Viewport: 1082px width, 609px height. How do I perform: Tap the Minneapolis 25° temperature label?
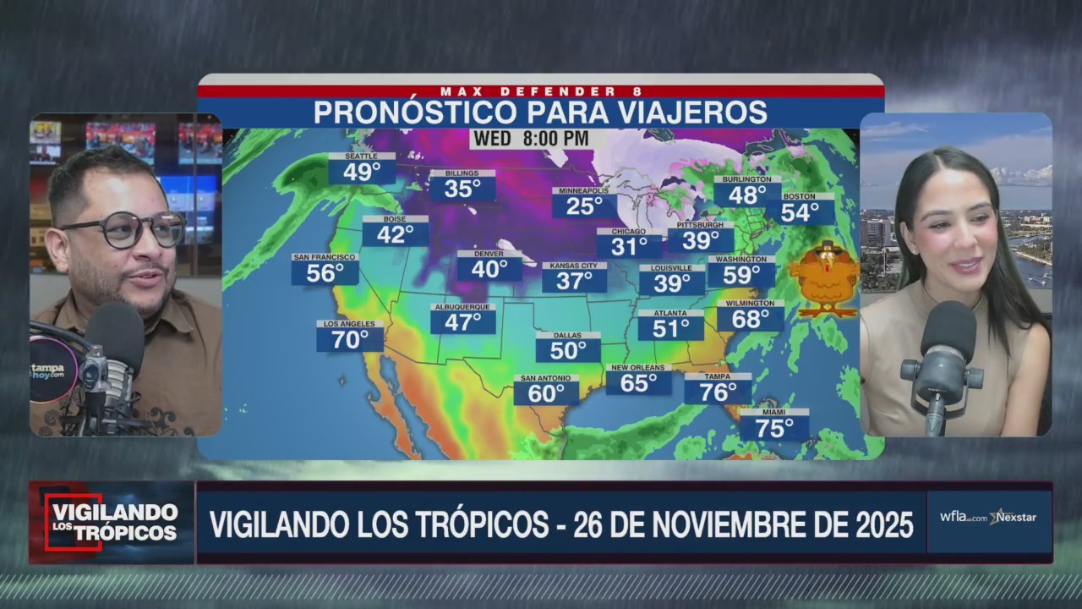tap(584, 204)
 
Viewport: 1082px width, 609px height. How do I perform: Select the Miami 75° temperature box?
tap(773, 425)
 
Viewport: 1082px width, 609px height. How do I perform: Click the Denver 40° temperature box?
tap(489, 266)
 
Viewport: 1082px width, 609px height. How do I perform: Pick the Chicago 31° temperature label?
tap(629, 244)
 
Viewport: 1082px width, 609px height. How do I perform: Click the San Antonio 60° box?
tap(546, 391)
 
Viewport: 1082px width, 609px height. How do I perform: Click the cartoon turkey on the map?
tap(824, 279)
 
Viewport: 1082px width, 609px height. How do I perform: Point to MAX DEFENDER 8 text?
tap(541, 91)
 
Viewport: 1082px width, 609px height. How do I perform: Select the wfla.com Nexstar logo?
tap(988, 517)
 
